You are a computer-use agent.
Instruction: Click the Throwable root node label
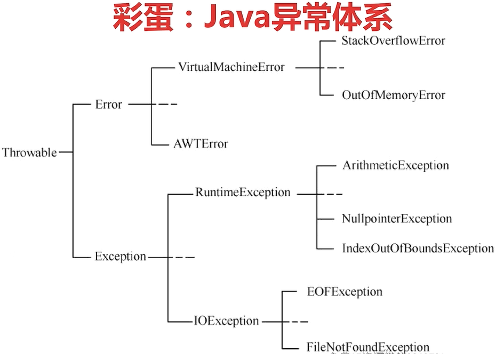29,153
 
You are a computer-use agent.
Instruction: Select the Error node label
109,105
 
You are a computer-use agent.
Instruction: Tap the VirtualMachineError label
231,68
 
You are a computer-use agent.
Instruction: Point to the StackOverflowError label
393,41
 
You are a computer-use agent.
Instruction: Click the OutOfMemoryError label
393,95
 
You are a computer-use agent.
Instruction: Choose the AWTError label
201,143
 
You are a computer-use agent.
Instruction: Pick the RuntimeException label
243,193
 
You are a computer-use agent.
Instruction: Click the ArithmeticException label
395,165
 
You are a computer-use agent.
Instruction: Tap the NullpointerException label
397,219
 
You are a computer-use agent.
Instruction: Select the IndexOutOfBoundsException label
418,248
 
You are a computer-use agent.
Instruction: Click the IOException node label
227,321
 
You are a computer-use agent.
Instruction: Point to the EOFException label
345,292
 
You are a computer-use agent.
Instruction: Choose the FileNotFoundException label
368,347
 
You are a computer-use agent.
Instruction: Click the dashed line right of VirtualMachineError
334,68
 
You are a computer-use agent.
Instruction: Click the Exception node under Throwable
121,257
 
